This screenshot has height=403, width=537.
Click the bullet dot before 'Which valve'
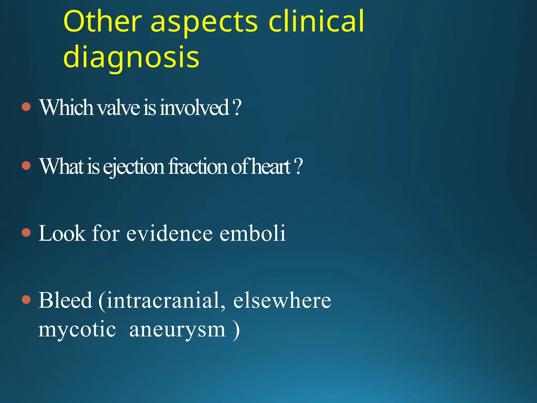click(26, 107)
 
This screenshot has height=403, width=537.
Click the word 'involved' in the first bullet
click(195, 107)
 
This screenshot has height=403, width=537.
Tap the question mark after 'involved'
click(237, 107)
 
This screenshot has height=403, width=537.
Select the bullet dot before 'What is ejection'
click(26, 166)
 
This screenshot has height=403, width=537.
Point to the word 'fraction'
click(198, 166)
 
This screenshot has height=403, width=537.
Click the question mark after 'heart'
click(298, 166)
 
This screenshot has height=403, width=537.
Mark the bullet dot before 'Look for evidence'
click(26, 232)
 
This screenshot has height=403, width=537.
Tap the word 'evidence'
click(169, 233)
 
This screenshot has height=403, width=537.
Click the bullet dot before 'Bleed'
click(26, 299)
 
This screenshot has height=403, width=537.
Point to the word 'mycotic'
click(77, 330)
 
